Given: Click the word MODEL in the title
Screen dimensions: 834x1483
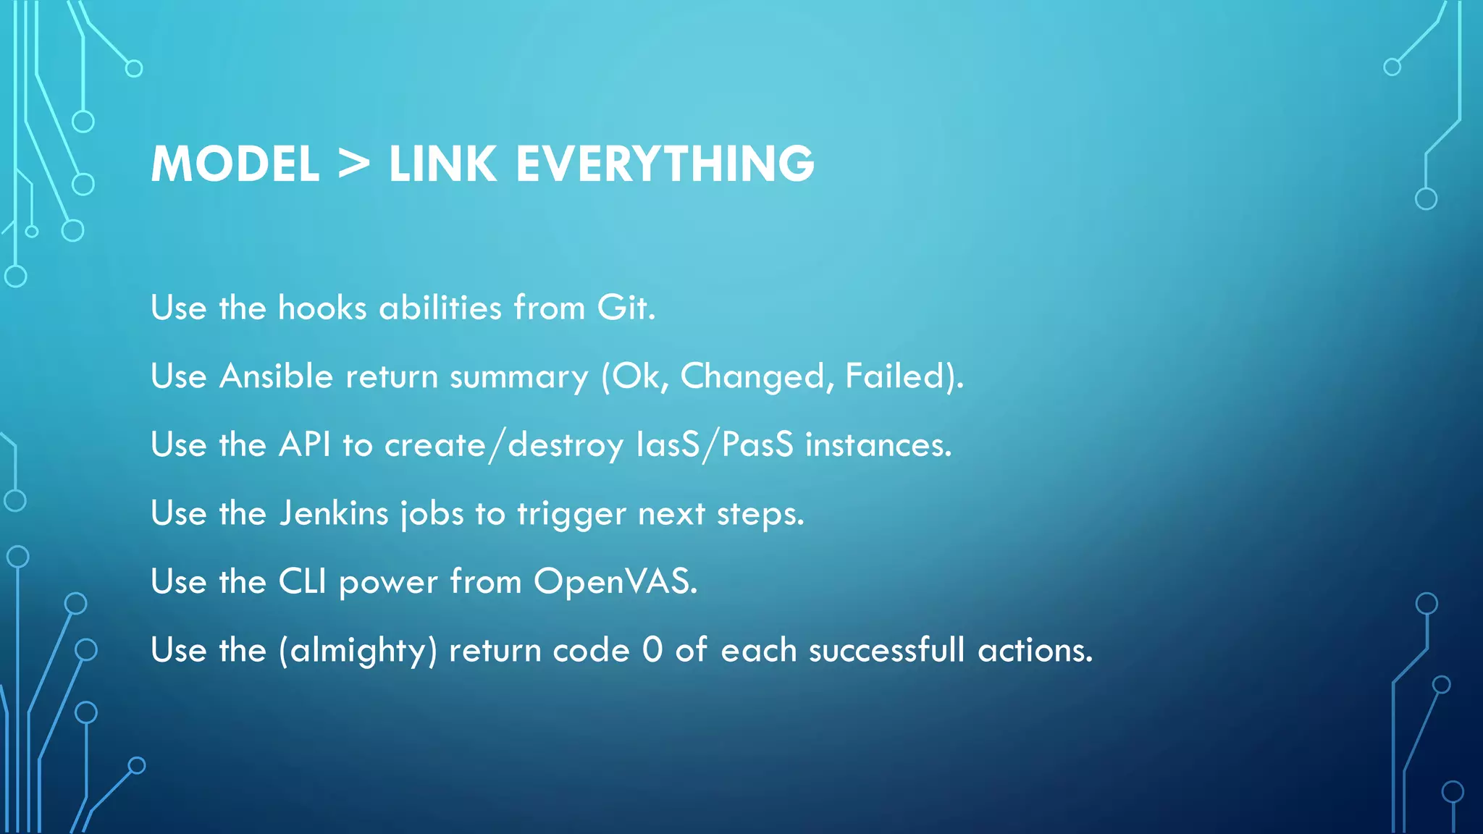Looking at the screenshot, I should click(235, 164).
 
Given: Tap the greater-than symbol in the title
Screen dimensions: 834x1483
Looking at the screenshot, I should click(354, 164).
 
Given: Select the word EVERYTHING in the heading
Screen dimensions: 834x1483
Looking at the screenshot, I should click(665, 164).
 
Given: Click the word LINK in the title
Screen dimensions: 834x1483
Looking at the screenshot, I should click(442, 164).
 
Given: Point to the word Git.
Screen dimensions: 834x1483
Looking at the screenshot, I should click(626, 308).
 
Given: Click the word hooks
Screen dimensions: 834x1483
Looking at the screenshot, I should click(322, 308).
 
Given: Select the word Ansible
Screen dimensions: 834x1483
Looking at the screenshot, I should click(276, 376).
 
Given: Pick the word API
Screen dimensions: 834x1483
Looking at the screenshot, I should click(305, 445).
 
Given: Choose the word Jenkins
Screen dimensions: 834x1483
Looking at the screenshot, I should click(334, 513).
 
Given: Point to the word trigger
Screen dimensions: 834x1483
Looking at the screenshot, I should click(571, 513).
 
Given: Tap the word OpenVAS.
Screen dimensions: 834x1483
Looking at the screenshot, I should click(615, 581).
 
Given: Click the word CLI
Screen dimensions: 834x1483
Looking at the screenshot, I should click(303, 581).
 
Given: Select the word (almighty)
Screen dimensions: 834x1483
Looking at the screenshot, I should click(358, 650).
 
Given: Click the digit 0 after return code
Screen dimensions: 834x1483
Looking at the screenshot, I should click(652, 649).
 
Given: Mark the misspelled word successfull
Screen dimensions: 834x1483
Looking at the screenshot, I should click(886, 650).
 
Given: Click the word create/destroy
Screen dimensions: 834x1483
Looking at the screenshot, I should click(503, 445).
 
